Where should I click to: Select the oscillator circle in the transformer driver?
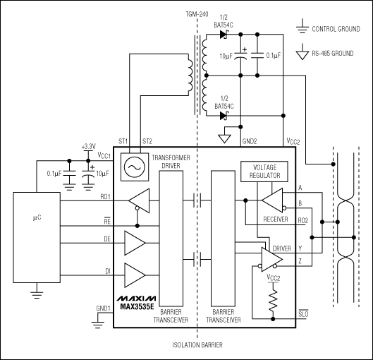132,167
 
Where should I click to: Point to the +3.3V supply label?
88,146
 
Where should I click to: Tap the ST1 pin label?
125,141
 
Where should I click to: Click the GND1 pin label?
103,309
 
